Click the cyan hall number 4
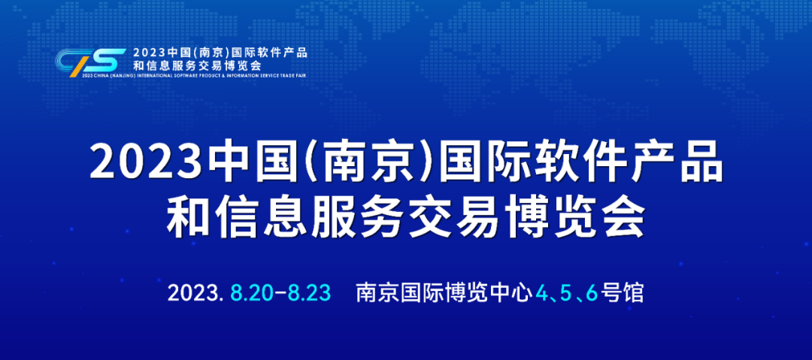[541, 292]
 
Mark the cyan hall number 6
[592, 292]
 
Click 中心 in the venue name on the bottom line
[512, 292]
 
